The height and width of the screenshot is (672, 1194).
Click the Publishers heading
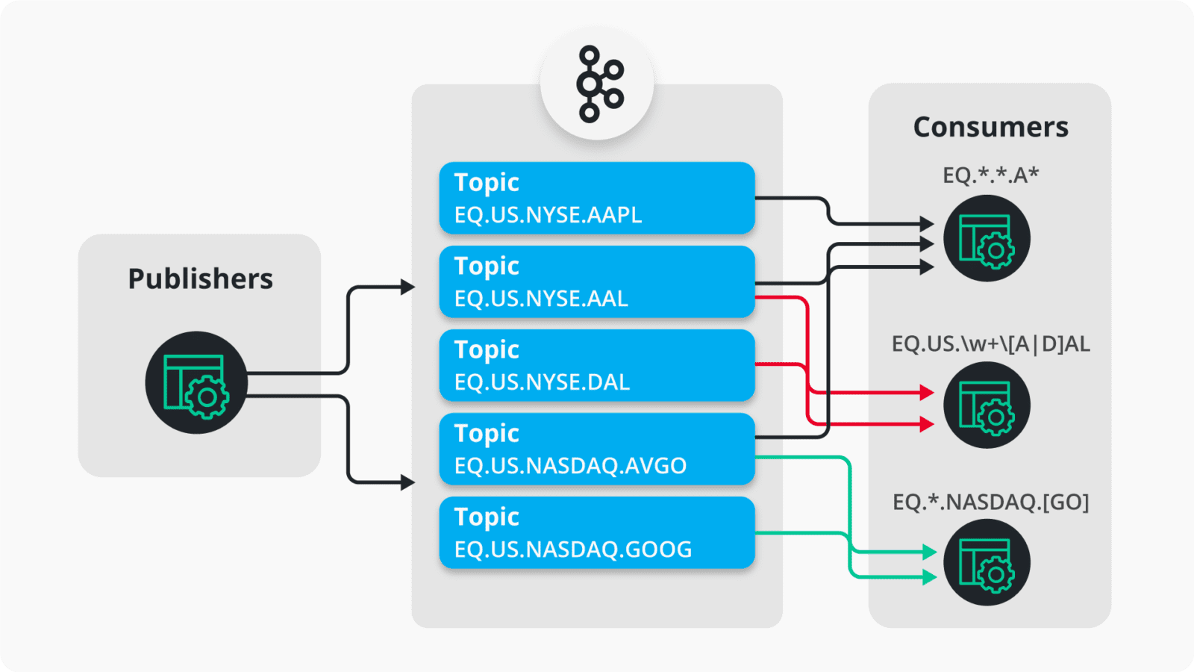click(x=200, y=279)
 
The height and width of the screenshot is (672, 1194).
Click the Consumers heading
click(x=990, y=127)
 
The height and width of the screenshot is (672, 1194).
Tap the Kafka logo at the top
click(x=597, y=84)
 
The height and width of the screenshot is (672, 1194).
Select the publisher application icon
click(x=196, y=382)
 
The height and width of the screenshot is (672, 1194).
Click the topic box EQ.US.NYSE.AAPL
click(x=597, y=198)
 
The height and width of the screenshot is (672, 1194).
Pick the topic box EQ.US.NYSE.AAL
click(x=597, y=281)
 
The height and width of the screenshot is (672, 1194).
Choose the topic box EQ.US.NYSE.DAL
click(x=597, y=365)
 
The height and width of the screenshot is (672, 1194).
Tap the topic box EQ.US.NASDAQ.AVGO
click(x=597, y=449)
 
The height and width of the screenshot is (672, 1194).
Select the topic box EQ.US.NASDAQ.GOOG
click(x=597, y=532)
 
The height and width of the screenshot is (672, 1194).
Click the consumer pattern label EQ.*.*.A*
click(x=990, y=175)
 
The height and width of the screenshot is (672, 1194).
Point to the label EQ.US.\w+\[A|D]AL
click(x=990, y=344)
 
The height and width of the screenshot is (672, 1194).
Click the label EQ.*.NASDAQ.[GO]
click(x=990, y=502)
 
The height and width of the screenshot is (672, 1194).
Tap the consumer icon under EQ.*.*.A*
click(x=987, y=238)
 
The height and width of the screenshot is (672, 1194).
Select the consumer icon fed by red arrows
click(x=987, y=405)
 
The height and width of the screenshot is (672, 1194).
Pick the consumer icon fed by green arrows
click(x=987, y=562)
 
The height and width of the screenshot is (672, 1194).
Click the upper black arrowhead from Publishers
click(x=407, y=287)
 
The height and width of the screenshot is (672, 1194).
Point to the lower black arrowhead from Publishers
click(x=407, y=482)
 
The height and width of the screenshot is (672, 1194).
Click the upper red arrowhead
click(x=927, y=392)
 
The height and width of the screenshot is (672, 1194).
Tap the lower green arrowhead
click(x=929, y=576)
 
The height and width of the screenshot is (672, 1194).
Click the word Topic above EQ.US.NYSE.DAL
click(x=487, y=349)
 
